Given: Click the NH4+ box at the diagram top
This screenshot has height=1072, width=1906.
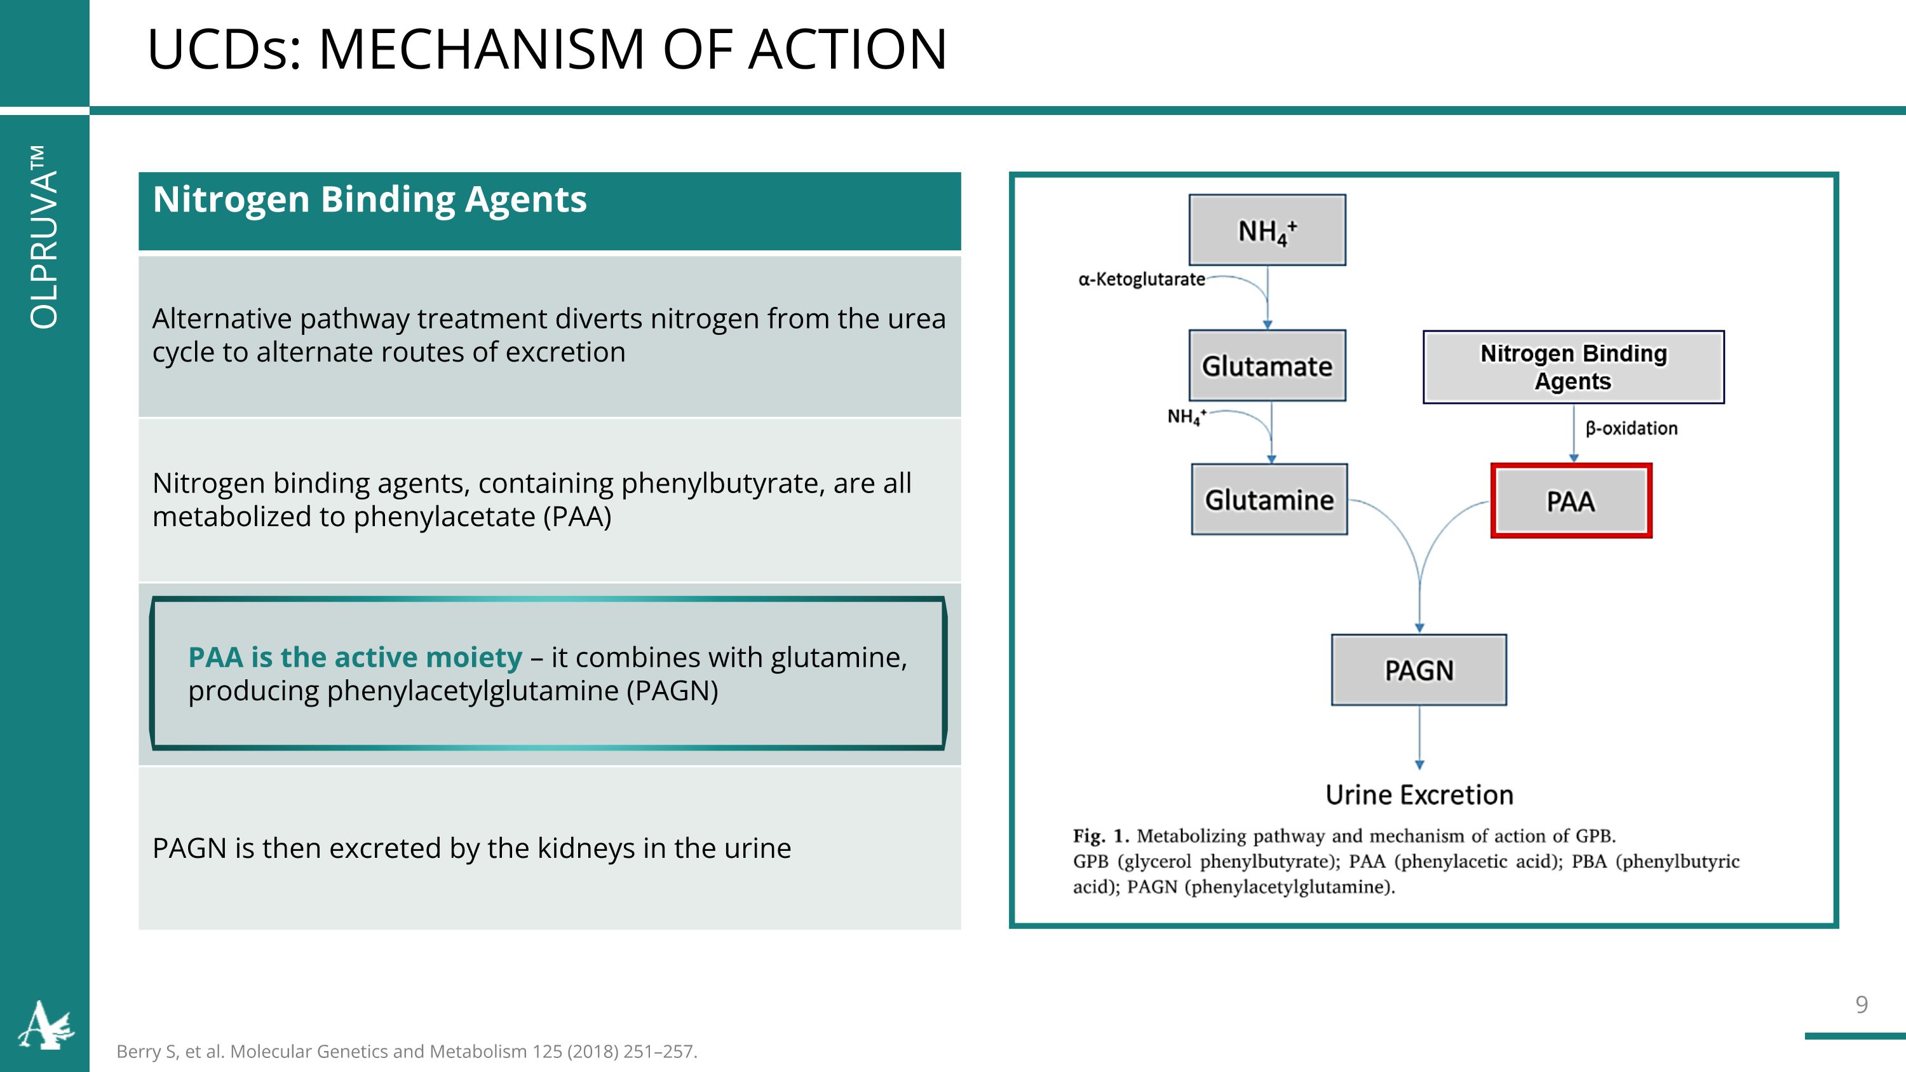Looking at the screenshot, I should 1267,230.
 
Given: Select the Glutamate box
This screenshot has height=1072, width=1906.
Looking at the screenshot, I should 1267,365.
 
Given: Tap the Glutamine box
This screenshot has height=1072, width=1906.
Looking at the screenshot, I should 1269,499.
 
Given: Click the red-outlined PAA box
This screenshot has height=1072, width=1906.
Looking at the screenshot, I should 1571,501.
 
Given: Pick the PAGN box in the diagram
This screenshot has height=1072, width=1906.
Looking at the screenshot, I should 1419,670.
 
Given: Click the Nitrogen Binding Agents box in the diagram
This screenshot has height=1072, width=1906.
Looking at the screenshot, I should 1573,367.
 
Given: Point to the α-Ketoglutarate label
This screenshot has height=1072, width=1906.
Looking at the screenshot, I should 1141,279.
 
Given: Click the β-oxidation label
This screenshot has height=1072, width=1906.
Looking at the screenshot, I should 1631,428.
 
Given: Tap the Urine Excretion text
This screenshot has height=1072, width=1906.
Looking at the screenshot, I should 1419,794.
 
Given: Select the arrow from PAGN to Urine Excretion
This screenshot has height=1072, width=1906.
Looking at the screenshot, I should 1419,738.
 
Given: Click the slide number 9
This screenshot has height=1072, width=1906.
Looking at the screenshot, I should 1862,1004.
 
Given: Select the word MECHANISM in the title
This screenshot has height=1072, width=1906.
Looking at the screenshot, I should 481,50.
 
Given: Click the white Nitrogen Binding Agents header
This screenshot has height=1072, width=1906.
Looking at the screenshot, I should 369,200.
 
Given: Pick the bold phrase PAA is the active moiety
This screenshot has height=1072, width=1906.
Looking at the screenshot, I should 355,657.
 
